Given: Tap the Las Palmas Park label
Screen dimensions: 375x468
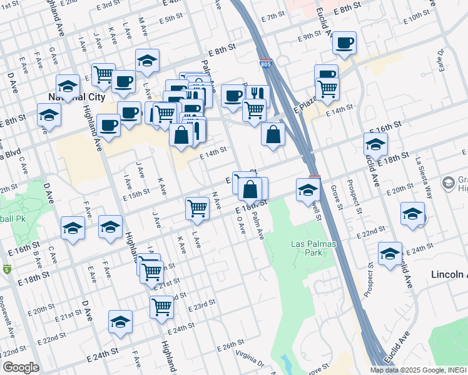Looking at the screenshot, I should coord(307,248).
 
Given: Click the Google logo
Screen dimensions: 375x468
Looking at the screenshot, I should coord(21,367).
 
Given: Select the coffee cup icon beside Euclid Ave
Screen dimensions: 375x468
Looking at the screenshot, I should coord(344,42).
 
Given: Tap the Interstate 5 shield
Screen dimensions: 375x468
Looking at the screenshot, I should coord(7,269).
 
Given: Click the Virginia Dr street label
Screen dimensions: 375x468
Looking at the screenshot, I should coord(250,357).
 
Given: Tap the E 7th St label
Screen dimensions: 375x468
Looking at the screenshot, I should coord(273,16).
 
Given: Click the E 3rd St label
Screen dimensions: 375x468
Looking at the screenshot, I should coord(107,4).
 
